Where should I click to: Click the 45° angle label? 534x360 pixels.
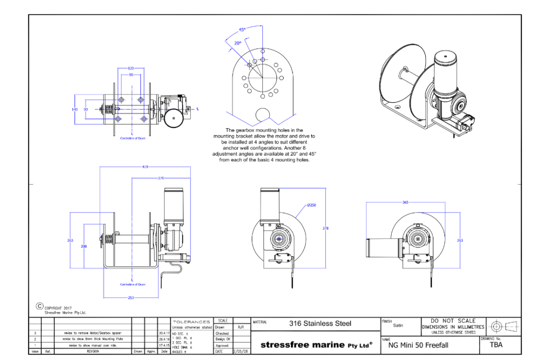pos(242,30)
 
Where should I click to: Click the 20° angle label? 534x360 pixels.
pos(237,43)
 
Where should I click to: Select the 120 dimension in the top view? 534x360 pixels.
pos(130,68)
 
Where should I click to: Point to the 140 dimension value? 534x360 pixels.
pos(75,110)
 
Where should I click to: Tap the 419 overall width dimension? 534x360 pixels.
pos(145,167)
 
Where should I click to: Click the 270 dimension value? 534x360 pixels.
pos(161,178)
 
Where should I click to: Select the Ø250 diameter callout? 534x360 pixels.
pos(311,205)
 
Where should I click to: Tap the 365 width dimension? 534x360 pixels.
pos(405,202)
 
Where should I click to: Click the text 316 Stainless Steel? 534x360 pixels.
pos(320,323)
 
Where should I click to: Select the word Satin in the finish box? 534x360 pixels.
pos(398,325)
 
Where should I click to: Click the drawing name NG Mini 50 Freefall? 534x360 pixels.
pos(419,345)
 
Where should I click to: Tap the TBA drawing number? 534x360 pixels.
pos(496,344)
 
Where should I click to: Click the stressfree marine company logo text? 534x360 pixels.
pos(316,344)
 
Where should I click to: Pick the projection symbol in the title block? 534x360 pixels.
pos(503,327)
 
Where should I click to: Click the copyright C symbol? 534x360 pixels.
pos(39,307)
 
